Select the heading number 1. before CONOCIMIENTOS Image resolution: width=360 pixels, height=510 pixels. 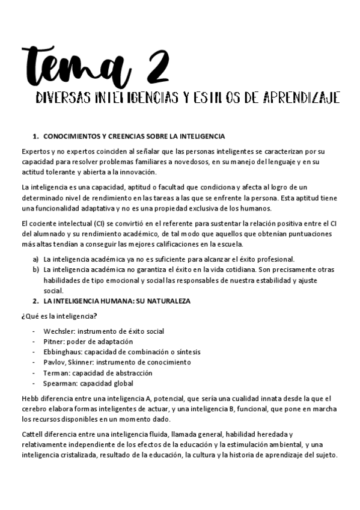point(35,136)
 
